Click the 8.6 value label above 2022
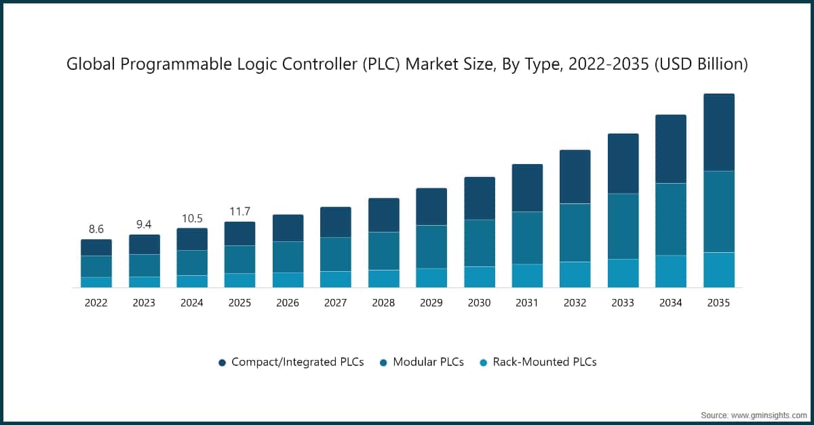point(96,229)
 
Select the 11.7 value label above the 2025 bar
point(239,211)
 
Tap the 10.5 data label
point(192,218)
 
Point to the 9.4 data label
point(144,225)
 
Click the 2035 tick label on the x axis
point(718,303)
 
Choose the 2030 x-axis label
point(479,303)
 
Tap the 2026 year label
point(288,303)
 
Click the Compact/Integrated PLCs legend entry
point(297,362)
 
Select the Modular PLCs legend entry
point(428,362)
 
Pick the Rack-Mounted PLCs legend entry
point(544,362)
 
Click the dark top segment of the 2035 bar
point(718,132)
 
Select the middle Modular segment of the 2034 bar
point(670,219)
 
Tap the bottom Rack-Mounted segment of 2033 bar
point(623,273)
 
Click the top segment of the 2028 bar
point(383,215)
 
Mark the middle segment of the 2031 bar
point(527,237)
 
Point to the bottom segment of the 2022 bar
point(96,282)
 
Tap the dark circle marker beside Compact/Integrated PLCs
point(222,363)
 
